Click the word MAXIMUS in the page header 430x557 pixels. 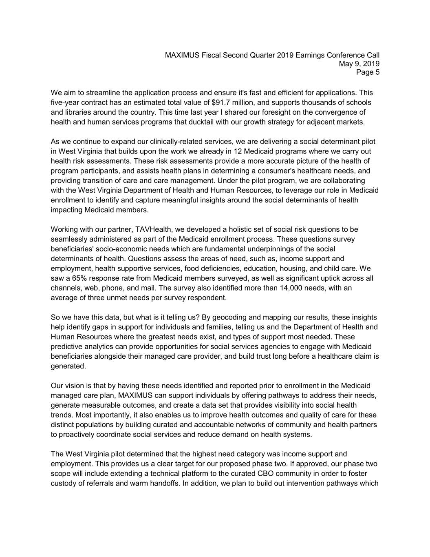182,55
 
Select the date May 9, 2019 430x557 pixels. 359,64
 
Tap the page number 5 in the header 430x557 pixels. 377,73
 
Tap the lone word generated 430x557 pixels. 68,366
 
